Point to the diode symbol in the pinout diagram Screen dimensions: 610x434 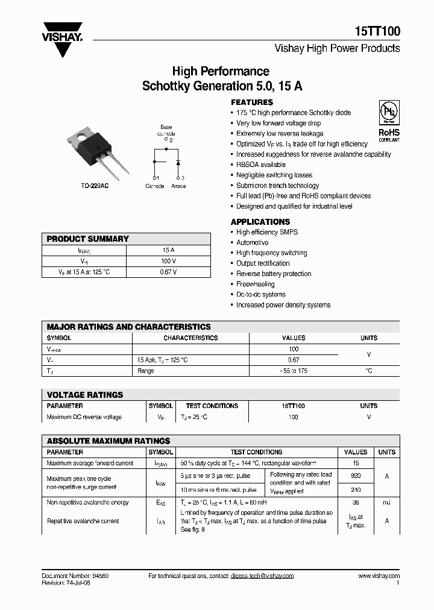click(178, 163)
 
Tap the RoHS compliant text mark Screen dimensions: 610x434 click(389, 134)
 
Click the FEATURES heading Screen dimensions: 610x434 click(252, 102)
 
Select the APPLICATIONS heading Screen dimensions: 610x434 click(260, 222)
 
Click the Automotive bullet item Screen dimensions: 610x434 click(252, 242)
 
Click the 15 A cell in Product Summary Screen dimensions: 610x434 click(168, 250)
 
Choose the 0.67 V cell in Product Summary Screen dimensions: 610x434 click(168, 272)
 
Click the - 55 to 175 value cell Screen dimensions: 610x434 click(294, 371)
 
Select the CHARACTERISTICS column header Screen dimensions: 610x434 click(190, 338)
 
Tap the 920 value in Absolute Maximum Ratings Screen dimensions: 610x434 click(356, 475)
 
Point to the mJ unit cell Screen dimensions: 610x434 click(386, 502)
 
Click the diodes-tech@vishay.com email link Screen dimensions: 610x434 click(262, 576)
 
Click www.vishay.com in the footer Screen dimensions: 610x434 click(379, 576)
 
